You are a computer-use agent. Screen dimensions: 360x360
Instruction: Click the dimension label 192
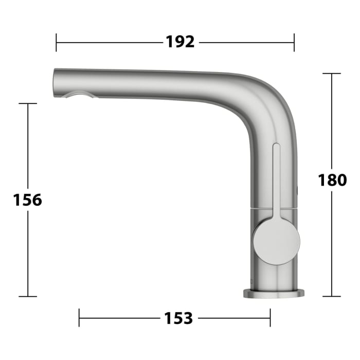pos(180,42)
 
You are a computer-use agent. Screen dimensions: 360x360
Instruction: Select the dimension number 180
pos(332,180)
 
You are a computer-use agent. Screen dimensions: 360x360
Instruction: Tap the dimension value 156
pos(28,200)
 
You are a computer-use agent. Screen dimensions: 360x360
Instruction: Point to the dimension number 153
pos(178,318)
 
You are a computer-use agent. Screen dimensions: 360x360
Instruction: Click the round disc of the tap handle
pos(277,242)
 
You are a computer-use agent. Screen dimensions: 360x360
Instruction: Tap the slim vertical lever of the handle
pos(276,179)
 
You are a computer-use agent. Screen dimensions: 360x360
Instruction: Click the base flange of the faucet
pos(274,294)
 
